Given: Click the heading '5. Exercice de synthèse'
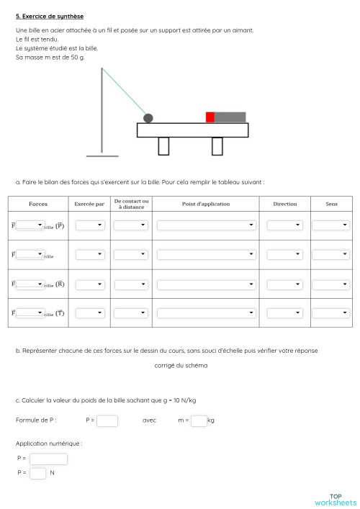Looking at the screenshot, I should pos(50,16).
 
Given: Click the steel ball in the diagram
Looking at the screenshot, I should pos(148,117).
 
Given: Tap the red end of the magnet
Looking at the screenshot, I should pos(210,117).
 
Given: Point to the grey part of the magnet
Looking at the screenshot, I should pos(230,117).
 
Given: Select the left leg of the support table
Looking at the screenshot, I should pos(163,145).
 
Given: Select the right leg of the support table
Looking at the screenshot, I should pos(217,145).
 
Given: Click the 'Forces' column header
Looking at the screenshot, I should pos(38,204).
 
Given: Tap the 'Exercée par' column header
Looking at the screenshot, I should pos(89,204).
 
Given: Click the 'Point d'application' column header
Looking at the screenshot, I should pos(206,204).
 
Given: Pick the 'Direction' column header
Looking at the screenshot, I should pos(285,204).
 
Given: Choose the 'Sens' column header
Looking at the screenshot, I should pos(331,204).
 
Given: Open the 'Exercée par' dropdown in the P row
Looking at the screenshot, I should pos(90,225).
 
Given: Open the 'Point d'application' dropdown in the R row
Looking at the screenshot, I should pos(206,284).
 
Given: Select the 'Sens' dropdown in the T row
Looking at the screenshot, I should pos(331,312).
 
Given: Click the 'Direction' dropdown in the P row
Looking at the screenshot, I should pos(285,225).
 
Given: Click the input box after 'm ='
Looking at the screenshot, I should pos(199,420).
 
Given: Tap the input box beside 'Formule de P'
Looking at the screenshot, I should pos(107,420).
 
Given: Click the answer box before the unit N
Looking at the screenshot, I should pos(38,473).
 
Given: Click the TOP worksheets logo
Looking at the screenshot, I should pos(335,499).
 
